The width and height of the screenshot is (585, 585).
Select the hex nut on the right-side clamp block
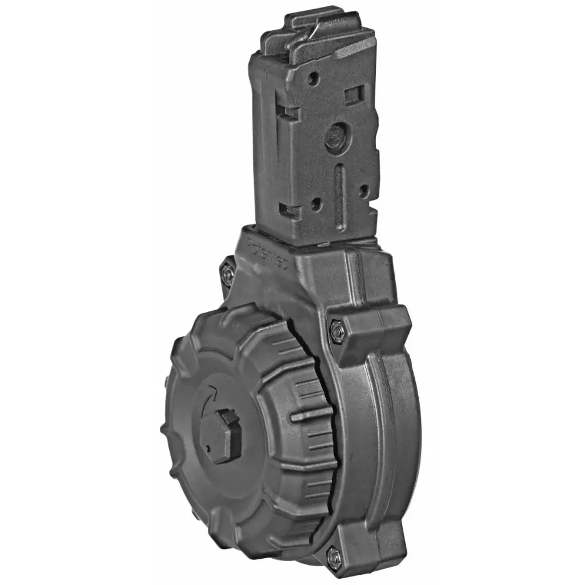(336, 331)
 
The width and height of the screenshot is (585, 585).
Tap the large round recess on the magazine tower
(335, 137)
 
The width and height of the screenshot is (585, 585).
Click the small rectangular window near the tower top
(354, 93)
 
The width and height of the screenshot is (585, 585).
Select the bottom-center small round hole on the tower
(315, 203)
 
